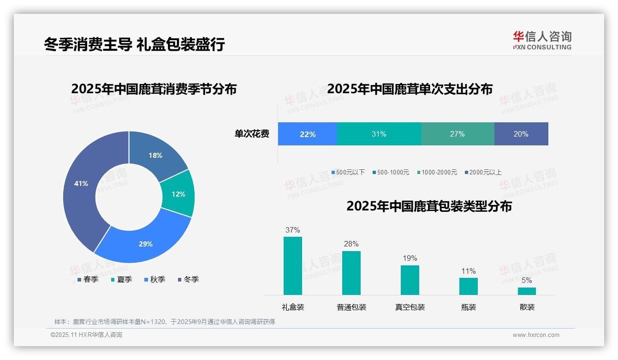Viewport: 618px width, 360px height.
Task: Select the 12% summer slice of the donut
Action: pos(178,194)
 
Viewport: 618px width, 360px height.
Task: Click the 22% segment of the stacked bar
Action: pos(308,134)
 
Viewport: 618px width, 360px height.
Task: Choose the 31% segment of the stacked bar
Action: pos(379,134)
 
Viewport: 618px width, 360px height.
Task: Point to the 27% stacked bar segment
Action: pos(458,134)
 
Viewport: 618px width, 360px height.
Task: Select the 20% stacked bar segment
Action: pos(521,134)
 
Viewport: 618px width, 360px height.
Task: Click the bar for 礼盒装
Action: pos(293,266)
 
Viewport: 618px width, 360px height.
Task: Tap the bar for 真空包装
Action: pos(410,280)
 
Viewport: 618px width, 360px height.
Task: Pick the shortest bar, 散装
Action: pos(527,291)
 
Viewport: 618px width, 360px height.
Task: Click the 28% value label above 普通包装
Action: pos(351,244)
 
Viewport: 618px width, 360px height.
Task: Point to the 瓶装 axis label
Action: pos(469,307)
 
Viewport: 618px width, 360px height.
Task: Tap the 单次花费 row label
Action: pos(252,134)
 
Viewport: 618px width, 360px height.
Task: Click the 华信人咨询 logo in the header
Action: pos(542,41)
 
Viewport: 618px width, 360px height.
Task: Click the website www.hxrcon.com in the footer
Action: pos(536,335)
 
